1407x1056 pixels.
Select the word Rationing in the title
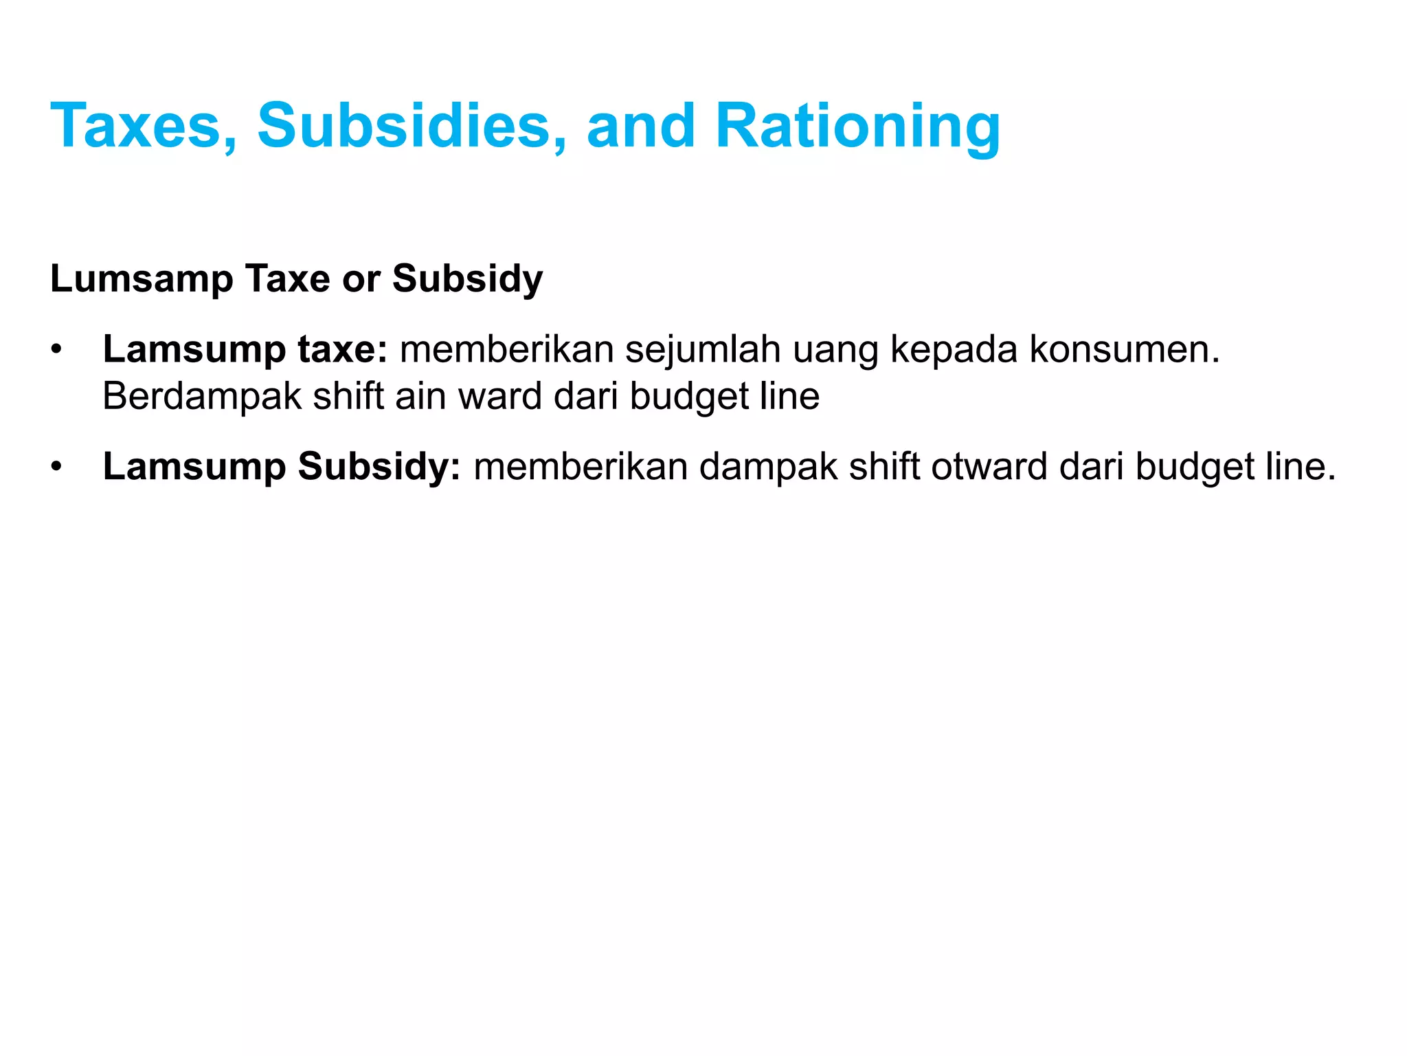tap(857, 126)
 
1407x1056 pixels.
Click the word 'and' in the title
tap(641, 126)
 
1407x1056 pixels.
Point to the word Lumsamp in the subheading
tap(142, 279)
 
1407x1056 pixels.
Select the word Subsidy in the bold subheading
tap(467, 279)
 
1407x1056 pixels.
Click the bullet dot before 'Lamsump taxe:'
tap(56, 350)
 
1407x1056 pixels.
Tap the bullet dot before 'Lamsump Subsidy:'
tap(56, 467)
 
